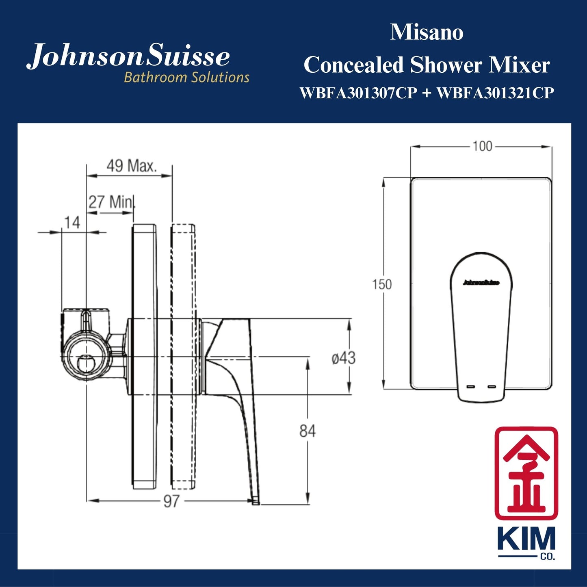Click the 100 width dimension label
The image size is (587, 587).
482,146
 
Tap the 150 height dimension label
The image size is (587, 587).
382,284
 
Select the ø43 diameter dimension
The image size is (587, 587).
343,358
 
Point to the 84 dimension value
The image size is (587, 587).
308,431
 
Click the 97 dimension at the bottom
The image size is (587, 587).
171,501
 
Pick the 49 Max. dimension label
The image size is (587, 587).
131,166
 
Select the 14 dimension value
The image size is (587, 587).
72,223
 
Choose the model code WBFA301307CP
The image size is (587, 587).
358,93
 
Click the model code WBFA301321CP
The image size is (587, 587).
495,93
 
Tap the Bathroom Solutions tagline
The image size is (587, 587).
186,77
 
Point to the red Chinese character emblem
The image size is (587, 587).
526,473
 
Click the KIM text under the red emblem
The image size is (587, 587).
526,539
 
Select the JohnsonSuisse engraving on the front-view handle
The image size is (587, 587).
481,283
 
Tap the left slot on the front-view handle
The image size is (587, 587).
471,386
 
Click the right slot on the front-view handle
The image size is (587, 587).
492,386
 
